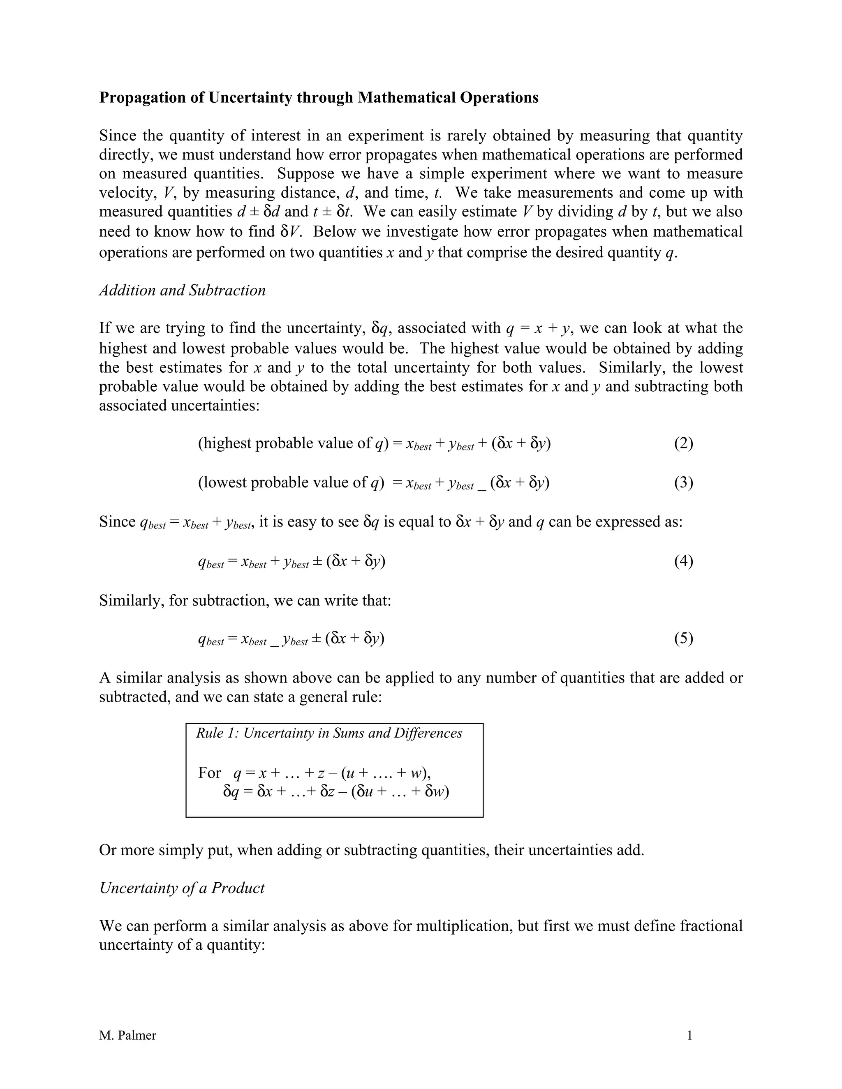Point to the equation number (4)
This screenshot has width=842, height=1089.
pyautogui.click(x=683, y=561)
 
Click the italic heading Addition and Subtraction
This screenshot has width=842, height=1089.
pyautogui.click(x=182, y=290)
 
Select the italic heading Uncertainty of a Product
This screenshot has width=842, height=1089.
pyautogui.click(x=182, y=888)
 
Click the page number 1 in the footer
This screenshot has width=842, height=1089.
pyautogui.click(x=690, y=1035)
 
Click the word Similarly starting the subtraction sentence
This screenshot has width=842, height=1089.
pyautogui.click(x=131, y=600)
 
